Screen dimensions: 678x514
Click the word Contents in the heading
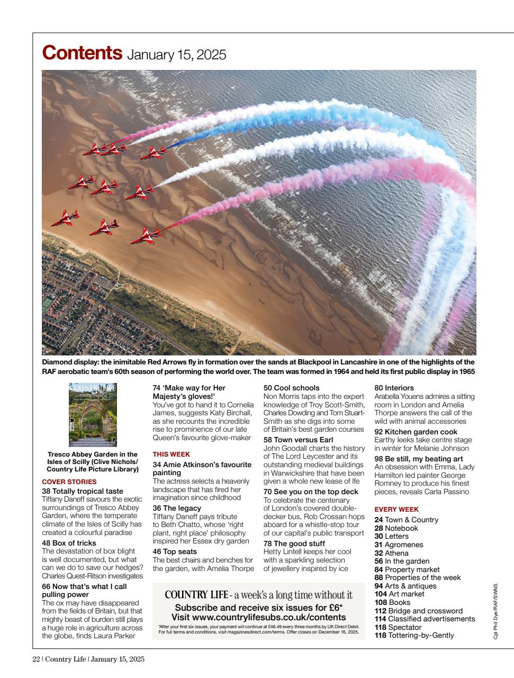[x=82, y=53]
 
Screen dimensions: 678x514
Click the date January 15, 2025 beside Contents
[x=176, y=55]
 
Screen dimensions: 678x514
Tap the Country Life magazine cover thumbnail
[x=93, y=414]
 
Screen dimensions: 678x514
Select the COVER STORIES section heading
[x=69, y=481]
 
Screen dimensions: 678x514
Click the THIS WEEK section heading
[x=171, y=454]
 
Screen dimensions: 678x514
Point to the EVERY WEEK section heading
[x=396, y=509]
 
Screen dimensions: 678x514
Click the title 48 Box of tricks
[x=69, y=543]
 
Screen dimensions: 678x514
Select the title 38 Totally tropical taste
[x=82, y=491]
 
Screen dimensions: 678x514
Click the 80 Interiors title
[x=394, y=388]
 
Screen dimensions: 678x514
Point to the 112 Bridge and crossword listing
[x=418, y=611]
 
